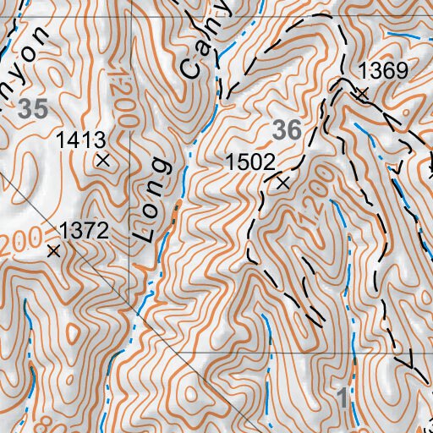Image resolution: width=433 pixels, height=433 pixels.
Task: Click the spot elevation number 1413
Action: (80, 140)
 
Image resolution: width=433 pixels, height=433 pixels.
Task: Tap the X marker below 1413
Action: (103, 159)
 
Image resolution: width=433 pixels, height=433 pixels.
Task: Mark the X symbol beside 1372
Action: (54, 250)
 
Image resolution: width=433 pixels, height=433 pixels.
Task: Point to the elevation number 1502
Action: (250, 161)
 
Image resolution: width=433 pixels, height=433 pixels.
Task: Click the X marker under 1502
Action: (282, 181)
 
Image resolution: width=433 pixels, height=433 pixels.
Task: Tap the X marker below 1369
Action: (362, 94)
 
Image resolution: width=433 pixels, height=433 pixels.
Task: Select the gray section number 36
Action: (288, 129)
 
